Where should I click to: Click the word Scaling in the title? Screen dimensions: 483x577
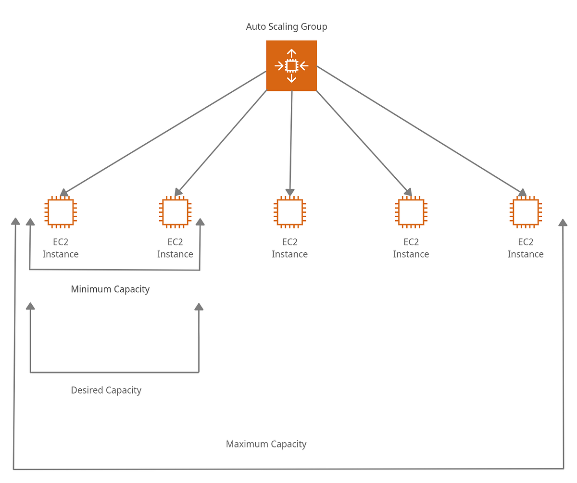point(285,27)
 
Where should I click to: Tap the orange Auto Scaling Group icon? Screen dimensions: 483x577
point(291,65)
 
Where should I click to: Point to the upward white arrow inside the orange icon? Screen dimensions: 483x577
point(291,53)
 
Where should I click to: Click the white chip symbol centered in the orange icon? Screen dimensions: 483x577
point(291,65)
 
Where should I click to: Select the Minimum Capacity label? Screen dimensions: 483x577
point(110,289)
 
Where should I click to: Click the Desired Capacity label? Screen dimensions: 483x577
point(106,390)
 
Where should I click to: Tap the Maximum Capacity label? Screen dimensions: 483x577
point(266,444)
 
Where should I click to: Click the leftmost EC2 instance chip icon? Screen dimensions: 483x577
point(61,212)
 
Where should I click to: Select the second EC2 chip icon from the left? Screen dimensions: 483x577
point(175,212)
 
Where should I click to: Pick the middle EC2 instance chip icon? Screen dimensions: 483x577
point(289,212)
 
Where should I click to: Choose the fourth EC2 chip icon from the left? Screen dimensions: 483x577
point(411,212)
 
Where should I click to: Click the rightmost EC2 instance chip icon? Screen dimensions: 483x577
point(526,212)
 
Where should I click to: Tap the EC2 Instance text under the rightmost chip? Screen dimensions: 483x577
point(526,248)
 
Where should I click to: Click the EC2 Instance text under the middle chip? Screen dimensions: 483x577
point(289,248)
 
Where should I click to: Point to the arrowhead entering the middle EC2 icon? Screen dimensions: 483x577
point(290,193)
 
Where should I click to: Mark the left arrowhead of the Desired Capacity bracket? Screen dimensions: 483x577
point(30,306)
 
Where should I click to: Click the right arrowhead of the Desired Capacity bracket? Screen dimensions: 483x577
point(199,307)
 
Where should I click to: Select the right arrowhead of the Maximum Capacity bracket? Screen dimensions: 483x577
point(563,223)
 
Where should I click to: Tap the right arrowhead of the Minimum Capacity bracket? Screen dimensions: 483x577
point(200,222)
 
